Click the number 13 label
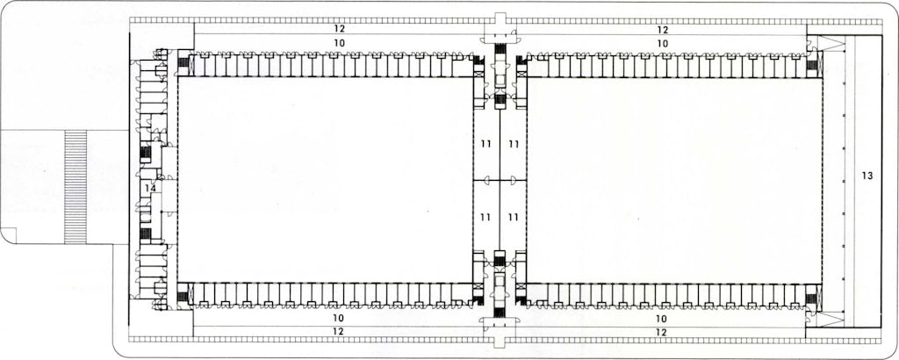pos(867,176)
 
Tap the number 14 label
pos(150,187)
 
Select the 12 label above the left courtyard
pos(340,29)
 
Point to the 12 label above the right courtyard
pos(662,29)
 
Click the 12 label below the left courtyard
pos(340,331)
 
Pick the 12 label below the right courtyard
pos(662,331)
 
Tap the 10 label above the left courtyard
pos(340,43)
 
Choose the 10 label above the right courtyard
pos(662,43)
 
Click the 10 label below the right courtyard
pos(662,318)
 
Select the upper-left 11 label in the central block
pos(485,144)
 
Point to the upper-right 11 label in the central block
pos(513,144)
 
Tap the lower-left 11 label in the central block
pos(485,217)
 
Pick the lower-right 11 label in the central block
pos(513,217)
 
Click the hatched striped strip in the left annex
pos(76,187)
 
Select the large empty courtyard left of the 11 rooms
pos(325,179)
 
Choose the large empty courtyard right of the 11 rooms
pos(674,179)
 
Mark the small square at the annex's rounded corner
pos(11,236)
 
